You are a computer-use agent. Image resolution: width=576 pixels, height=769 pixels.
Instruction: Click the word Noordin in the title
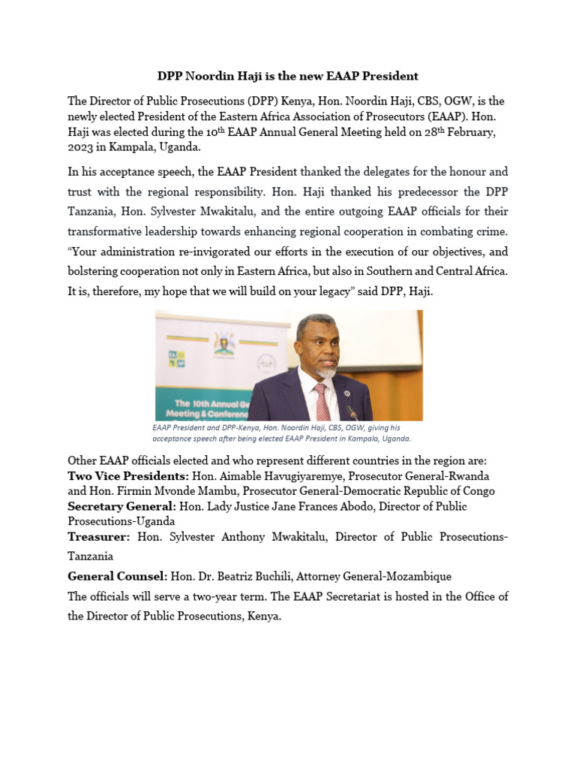pos(211,76)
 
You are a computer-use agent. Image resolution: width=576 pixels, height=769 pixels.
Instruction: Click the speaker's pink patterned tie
pos(322,402)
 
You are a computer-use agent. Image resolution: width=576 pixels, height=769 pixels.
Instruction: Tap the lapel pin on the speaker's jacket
pos(341,391)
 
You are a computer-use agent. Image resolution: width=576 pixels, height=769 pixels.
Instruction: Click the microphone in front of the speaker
pos(351,412)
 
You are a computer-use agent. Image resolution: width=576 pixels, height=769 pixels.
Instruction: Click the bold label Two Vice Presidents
pos(128,476)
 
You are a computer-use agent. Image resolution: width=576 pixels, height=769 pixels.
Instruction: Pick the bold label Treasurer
pos(99,537)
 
